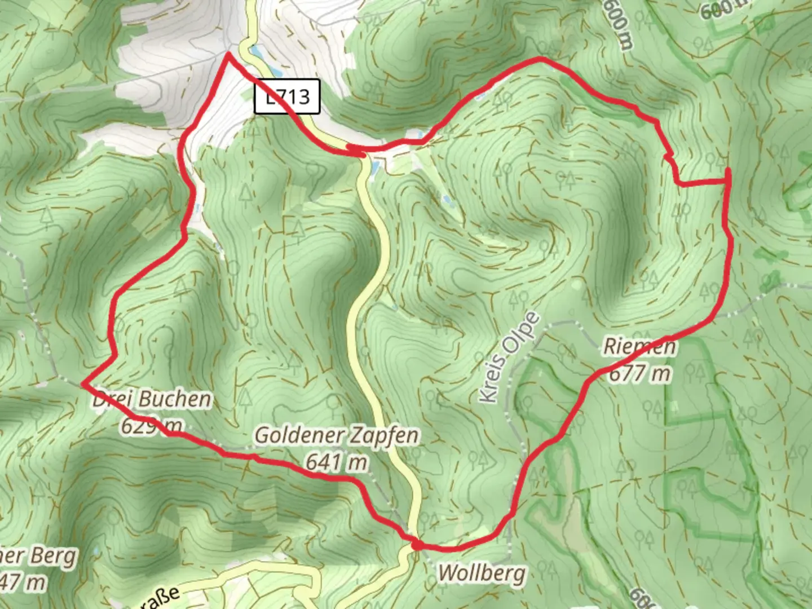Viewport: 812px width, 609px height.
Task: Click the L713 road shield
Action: pos(287,96)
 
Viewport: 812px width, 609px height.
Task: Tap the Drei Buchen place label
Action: pos(152,399)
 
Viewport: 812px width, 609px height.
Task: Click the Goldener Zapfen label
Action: pos(337,435)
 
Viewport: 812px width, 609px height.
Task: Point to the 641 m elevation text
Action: pos(337,462)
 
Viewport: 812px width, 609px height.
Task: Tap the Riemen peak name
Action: pos(639,346)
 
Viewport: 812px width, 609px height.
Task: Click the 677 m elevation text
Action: pos(640,373)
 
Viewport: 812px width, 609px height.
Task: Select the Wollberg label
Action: pos(482,573)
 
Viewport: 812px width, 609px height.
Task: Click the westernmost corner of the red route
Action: pos(83,383)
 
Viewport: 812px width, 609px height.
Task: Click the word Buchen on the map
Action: pos(175,399)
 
